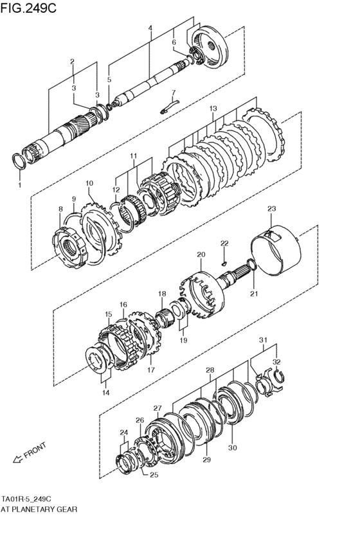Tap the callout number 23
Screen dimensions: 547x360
(x=271, y=208)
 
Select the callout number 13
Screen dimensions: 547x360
(x=213, y=109)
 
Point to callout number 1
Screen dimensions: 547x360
(x=19, y=185)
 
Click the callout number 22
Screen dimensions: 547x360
(x=224, y=243)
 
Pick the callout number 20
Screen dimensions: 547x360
(x=201, y=255)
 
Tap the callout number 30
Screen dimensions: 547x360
(x=232, y=448)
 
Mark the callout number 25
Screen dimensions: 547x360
(x=152, y=476)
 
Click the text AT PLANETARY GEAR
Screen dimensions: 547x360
(x=39, y=508)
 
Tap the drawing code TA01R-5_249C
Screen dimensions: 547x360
(x=26, y=498)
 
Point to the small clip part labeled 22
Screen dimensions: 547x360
(x=222, y=262)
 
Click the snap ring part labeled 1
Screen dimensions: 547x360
(x=20, y=160)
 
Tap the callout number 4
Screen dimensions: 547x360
(x=150, y=28)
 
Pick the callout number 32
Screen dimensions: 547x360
(x=276, y=362)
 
